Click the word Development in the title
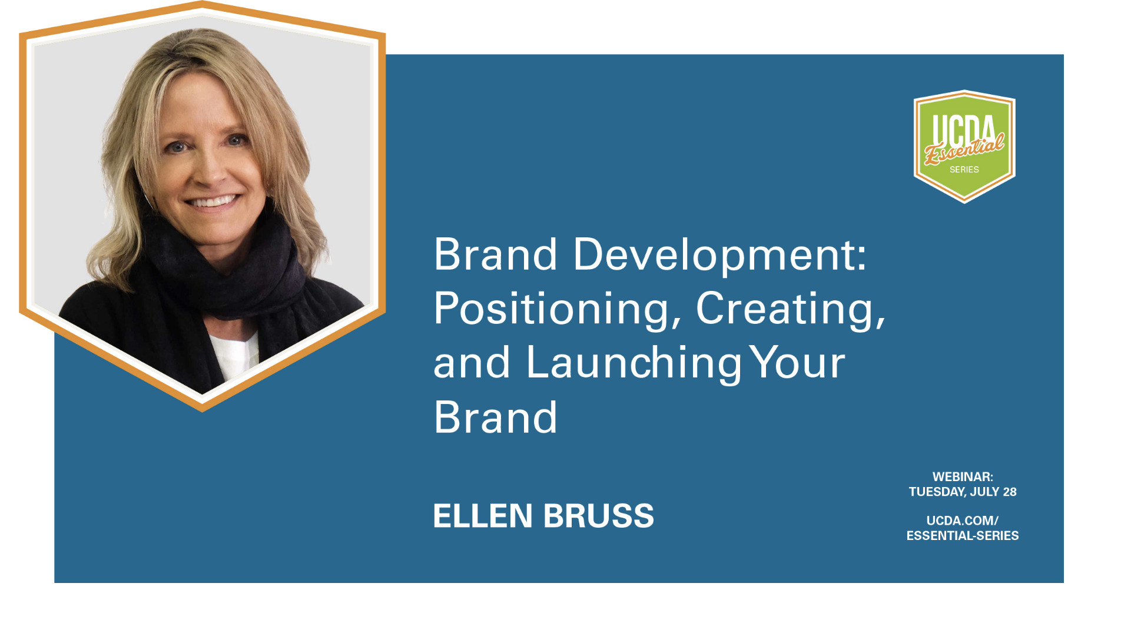[x=720, y=255]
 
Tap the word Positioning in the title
[x=558, y=309]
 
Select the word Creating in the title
[x=791, y=309]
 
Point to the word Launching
[x=634, y=363]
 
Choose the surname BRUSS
[x=598, y=516]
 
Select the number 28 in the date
[x=1010, y=492]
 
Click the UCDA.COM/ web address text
[x=963, y=521]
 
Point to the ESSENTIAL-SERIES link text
[x=963, y=536]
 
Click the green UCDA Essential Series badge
[x=964, y=147]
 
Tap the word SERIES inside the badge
[x=964, y=170]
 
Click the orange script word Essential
[x=964, y=148]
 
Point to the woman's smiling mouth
[x=213, y=202]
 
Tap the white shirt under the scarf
[x=236, y=353]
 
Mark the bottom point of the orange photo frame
[x=202, y=411]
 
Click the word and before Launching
[x=472, y=363]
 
